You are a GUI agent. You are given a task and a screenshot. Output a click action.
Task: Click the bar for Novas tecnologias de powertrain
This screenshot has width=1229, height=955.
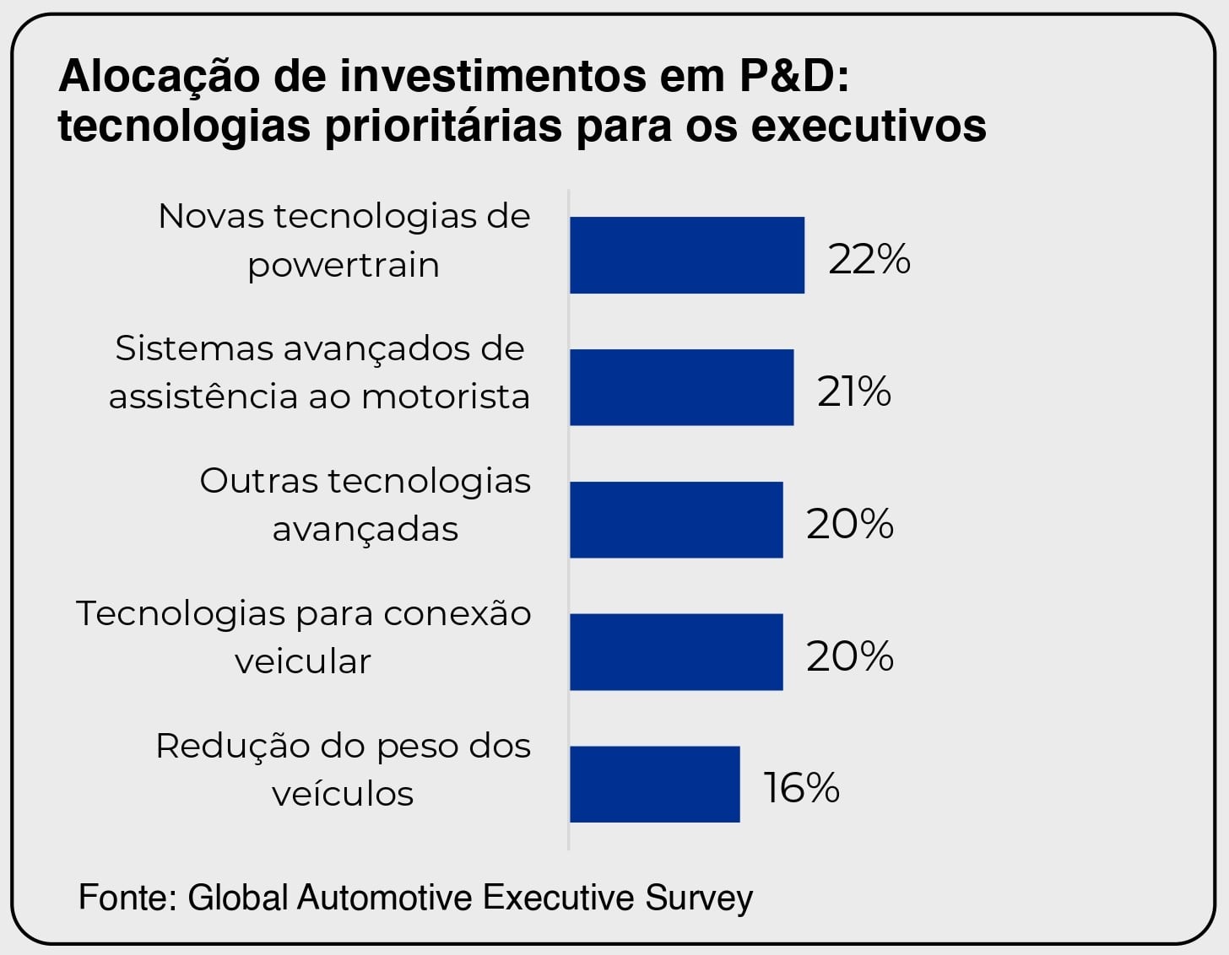(x=686, y=256)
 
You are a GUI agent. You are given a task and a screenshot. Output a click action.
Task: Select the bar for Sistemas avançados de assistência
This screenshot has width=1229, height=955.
(x=681, y=387)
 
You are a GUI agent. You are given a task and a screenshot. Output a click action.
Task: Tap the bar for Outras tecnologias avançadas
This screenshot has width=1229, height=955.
(x=676, y=520)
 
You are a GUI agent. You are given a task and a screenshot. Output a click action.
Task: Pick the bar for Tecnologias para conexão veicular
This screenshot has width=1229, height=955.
(x=676, y=652)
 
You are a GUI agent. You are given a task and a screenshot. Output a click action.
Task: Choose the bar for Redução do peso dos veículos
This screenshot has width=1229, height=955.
(x=654, y=784)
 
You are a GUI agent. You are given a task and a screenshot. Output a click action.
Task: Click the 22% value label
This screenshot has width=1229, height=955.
(x=869, y=259)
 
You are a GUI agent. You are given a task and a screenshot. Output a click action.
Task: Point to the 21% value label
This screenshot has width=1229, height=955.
(x=853, y=391)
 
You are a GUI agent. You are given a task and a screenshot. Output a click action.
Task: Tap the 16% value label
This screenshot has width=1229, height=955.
(x=801, y=788)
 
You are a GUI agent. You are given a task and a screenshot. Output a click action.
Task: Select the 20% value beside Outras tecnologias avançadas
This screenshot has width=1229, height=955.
(x=849, y=524)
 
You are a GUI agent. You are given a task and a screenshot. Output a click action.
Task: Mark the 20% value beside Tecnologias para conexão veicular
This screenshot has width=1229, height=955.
(x=849, y=656)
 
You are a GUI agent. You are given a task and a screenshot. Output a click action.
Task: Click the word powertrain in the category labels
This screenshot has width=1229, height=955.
(x=344, y=266)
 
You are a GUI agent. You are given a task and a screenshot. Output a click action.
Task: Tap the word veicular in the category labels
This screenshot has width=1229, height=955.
(x=303, y=661)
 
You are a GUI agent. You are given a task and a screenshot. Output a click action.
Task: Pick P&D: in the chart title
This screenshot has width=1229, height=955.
(x=793, y=75)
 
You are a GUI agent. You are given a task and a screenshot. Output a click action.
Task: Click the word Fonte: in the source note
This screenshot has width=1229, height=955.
(x=127, y=897)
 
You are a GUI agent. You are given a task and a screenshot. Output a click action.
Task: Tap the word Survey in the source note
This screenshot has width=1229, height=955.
(x=699, y=897)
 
